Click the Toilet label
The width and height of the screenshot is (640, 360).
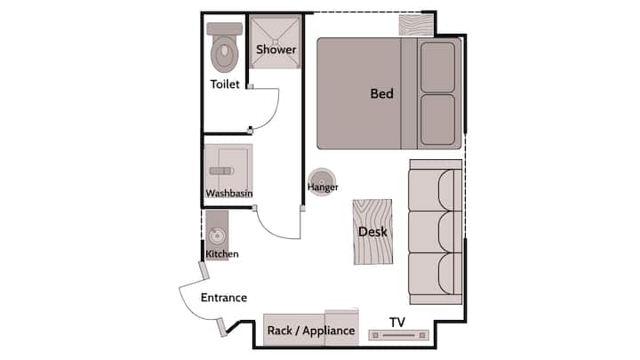click(x=225, y=84)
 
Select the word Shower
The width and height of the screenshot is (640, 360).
click(x=276, y=50)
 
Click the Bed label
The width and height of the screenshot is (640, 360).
click(x=381, y=93)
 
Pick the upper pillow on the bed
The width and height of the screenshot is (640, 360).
click(x=437, y=68)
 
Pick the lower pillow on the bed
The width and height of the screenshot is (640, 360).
click(x=437, y=120)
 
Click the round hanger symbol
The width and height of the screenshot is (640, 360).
click(x=322, y=181)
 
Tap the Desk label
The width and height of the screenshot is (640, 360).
click(x=372, y=232)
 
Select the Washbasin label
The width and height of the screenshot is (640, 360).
click(x=229, y=193)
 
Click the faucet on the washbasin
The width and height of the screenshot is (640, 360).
click(x=221, y=171)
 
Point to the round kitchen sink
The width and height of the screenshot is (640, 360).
click(x=217, y=236)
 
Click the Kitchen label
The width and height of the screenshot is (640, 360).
click(x=222, y=254)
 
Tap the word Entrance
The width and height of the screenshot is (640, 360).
click(x=224, y=298)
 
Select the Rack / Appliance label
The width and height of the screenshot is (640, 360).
click(x=311, y=330)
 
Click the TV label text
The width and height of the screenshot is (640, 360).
click(x=397, y=322)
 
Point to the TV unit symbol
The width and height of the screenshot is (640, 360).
click(x=399, y=335)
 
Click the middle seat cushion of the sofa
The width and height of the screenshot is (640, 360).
click(x=435, y=232)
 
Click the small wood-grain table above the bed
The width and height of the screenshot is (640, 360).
click(x=415, y=25)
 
